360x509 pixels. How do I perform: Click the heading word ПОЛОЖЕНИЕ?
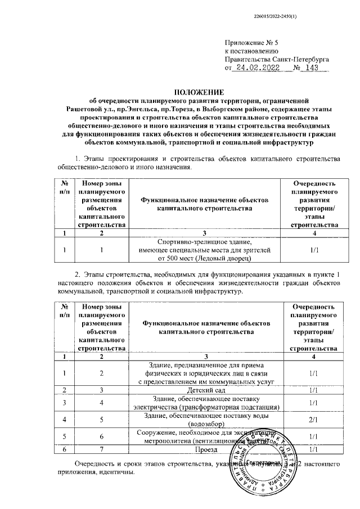click(200, 92)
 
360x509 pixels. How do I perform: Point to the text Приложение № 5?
click(251, 42)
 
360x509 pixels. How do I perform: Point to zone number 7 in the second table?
click(101, 449)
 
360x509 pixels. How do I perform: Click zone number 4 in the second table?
click(101, 403)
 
